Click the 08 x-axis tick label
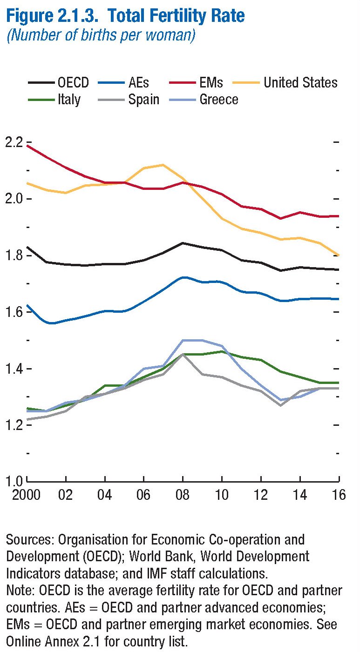(x=183, y=494)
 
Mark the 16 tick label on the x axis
(x=339, y=494)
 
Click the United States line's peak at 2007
(x=163, y=165)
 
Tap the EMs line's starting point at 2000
(x=27, y=146)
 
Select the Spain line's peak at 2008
(x=183, y=355)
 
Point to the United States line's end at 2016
(x=339, y=255)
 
